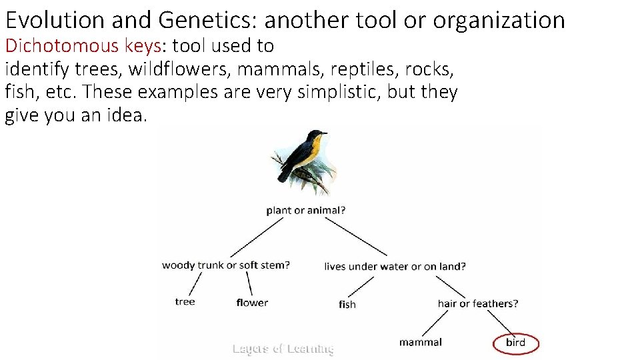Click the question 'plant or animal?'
(x=305, y=210)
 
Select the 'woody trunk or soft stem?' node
(x=226, y=265)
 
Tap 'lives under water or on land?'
(x=395, y=266)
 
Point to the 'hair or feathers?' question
(x=477, y=303)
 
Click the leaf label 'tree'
(x=185, y=301)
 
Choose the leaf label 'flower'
(x=252, y=303)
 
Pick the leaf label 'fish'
(x=347, y=304)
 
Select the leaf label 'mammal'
(x=420, y=342)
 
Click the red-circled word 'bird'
(x=515, y=343)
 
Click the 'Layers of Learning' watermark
(x=282, y=348)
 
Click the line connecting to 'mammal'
(x=435, y=323)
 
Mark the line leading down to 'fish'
(x=361, y=286)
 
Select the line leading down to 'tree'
(x=195, y=283)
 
